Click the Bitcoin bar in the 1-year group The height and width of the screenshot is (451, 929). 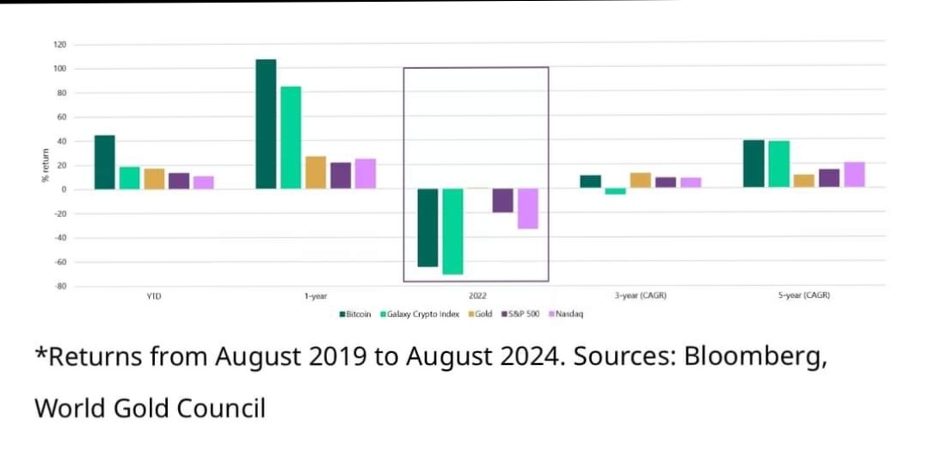(x=266, y=124)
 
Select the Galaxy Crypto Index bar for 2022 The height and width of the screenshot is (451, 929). (x=452, y=232)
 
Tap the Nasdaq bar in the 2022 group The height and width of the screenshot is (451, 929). (x=527, y=209)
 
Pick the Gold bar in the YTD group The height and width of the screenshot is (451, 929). (x=154, y=179)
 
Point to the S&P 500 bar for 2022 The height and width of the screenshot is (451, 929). (x=502, y=201)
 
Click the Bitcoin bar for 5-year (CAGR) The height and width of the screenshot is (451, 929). (x=754, y=164)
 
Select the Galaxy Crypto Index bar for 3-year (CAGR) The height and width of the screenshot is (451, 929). (x=615, y=192)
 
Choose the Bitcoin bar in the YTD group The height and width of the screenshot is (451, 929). (x=104, y=163)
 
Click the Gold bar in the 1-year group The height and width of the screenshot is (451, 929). (x=316, y=173)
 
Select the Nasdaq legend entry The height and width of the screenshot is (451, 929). (x=569, y=314)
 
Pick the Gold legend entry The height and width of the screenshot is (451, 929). (x=483, y=314)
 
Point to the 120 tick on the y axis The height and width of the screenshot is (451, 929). (x=58, y=45)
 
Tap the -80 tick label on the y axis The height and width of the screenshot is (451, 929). (x=58, y=286)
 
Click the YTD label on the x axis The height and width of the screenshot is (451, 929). (x=154, y=296)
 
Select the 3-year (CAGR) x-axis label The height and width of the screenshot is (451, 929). (x=640, y=296)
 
